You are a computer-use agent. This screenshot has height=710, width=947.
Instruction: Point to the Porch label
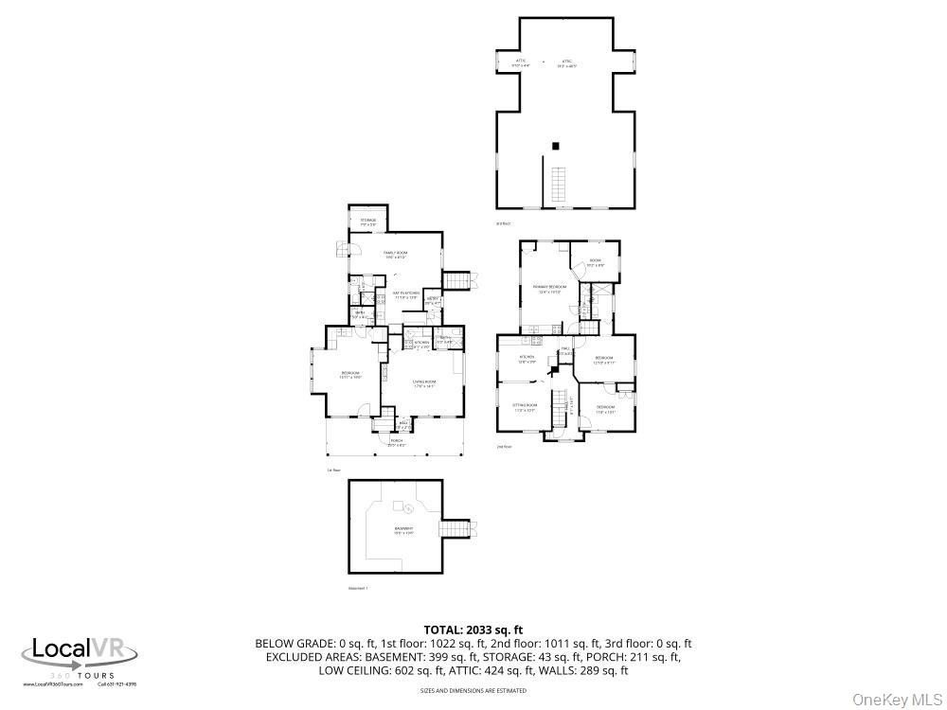[x=397, y=443]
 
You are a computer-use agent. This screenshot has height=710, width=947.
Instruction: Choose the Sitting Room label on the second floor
[x=526, y=408]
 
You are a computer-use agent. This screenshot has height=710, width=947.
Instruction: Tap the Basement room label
[x=403, y=529]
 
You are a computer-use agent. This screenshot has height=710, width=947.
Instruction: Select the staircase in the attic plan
[x=559, y=183]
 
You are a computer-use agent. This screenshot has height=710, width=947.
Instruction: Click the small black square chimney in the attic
[x=557, y=146]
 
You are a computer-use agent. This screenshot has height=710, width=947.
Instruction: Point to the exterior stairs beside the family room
[x=458, y=280]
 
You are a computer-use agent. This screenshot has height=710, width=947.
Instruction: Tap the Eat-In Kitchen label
[x=405, y=295]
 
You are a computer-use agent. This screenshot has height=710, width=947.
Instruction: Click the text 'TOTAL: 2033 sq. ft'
[x=473, y=630]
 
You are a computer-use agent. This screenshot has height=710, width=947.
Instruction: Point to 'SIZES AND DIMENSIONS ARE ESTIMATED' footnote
[x=473, y=691]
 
